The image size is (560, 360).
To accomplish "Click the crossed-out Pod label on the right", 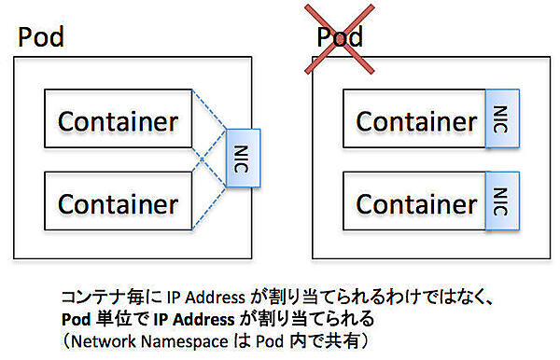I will (x=340, y=38).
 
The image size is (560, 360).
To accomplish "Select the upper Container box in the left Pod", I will (x=119, y=121).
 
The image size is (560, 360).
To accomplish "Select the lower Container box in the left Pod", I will (x=119, y=202).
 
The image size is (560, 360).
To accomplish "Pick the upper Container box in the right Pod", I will (x=414, y=121).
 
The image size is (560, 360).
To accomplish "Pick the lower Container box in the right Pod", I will (x=414, y=202).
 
